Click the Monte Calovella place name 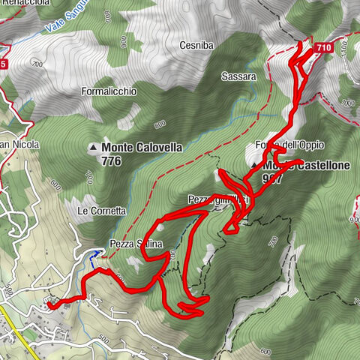pos(142,148)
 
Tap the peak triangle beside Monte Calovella pos(94,148)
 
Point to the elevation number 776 pos(115,160)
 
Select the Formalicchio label pos(108,91)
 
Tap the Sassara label pos(239,76)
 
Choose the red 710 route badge pos(323,47)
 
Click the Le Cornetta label pos(102,211)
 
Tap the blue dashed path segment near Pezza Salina pos(94,259)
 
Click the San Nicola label pos(19,144)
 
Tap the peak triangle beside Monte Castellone pos(255,165)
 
